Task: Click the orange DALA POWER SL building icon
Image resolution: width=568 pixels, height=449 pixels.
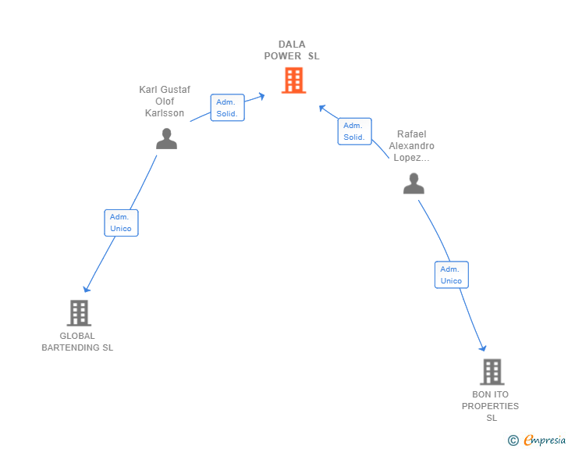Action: (x=294, y=80)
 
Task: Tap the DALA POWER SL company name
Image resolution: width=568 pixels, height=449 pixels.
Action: (x=292, y=50)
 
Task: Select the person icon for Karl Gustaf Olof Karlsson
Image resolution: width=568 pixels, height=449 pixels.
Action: (x=167, y=138)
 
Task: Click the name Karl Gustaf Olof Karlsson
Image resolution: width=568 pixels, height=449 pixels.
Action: (x=165, y=102)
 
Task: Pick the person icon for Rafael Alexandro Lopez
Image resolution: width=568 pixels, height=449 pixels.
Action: (x=414, y=184)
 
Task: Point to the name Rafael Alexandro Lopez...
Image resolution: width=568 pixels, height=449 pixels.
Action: (x=411, y=146)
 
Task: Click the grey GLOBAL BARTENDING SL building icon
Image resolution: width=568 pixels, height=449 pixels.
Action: (x=79, y=312)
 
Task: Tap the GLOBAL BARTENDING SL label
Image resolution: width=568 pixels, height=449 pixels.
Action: (x=77, y=342)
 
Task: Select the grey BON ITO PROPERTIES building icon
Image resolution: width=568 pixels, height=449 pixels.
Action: (x=492, y=372)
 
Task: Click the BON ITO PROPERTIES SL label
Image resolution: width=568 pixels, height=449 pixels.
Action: (x=490, y=406)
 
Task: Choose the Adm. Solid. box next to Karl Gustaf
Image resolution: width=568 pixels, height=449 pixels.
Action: (x=228, y=107)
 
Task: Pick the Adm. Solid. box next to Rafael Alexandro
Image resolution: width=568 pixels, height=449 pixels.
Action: (x=355, y=131)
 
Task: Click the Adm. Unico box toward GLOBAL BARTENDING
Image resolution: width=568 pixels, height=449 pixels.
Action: (x=122, y=223)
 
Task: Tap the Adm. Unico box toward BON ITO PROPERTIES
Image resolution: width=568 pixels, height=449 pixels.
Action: (x=452, y=275)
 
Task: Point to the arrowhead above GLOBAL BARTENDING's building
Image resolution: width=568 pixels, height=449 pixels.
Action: (x=86, y=289)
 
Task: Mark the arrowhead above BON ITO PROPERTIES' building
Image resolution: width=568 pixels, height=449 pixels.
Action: (x=482, y=348)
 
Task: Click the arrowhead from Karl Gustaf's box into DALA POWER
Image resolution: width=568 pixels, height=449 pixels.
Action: (x=261, y=97)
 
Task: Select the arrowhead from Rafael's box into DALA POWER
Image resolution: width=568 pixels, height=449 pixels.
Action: (x=322, y=108)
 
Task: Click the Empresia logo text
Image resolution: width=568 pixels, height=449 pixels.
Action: (x=545, y=440)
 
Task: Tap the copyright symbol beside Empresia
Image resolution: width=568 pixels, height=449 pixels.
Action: (x=513, y=440)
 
